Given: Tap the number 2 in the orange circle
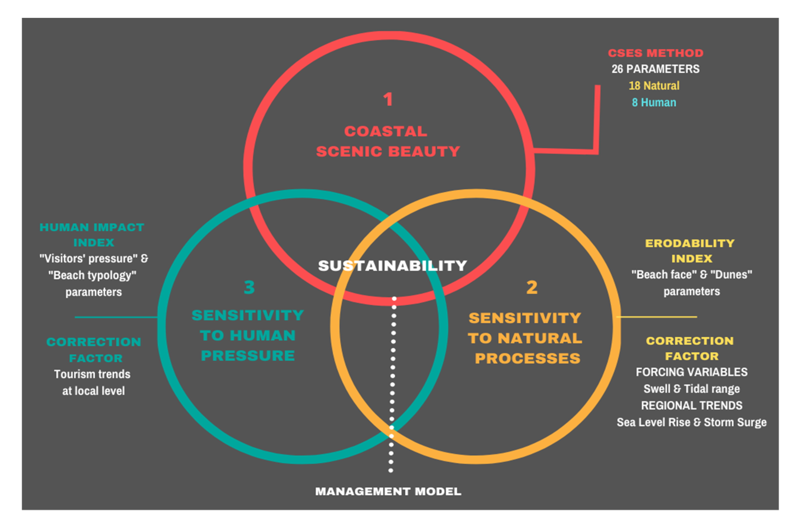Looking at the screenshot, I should [532, 287].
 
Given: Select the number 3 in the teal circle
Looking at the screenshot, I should [249, 287].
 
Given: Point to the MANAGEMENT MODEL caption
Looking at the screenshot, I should [388, 491].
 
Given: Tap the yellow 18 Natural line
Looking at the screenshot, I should [654, 86].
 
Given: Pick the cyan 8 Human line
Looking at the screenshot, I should [654, 102].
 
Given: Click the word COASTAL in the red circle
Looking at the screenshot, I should [386, 131].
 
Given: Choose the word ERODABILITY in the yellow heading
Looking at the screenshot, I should [689, 243].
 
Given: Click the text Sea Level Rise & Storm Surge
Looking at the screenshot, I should [691, 422].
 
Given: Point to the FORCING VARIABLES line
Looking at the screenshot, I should [691, 372].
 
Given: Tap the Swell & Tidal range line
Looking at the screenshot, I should [691, 389].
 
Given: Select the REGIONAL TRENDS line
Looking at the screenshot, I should [691, 405].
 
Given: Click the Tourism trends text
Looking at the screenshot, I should [92, 374].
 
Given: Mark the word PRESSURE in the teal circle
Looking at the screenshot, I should [248, 356].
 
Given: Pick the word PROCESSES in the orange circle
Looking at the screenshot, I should [528, 358].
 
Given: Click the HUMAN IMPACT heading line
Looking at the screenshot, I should [92, 227].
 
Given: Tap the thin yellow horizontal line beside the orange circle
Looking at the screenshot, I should [657, 317].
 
